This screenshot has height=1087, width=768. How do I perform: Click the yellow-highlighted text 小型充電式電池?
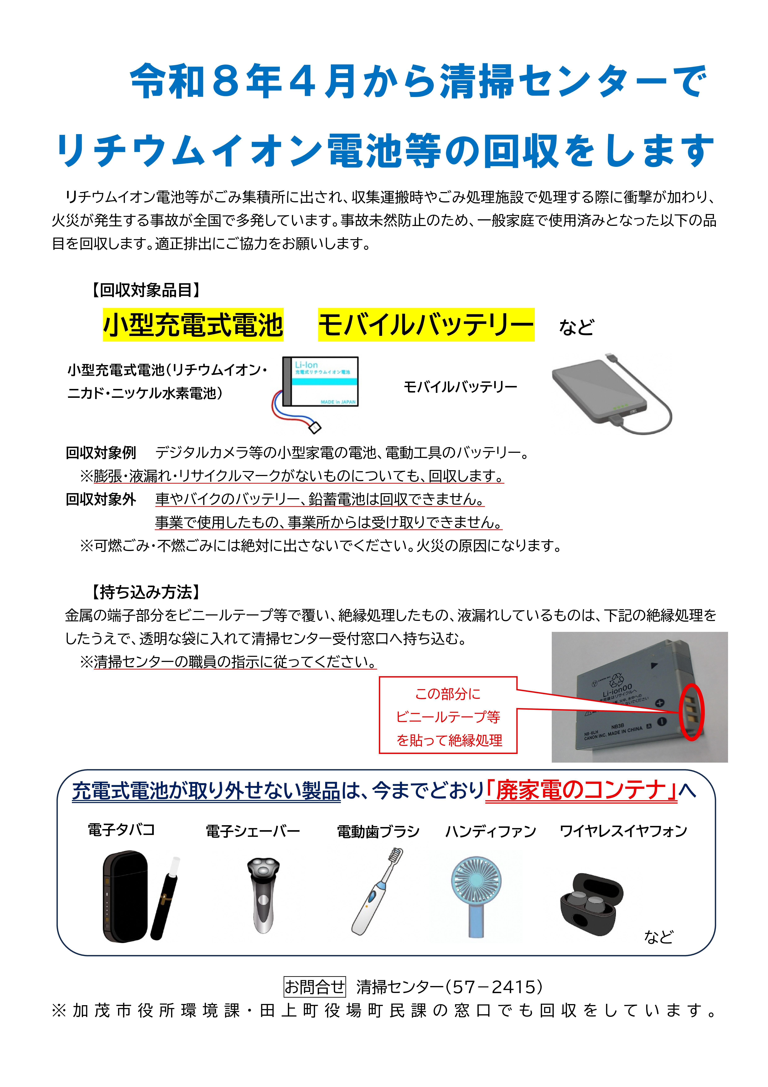click(193, 325)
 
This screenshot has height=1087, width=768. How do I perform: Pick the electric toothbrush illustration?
click(376, 892)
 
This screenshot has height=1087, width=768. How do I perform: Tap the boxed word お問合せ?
click(314, 987)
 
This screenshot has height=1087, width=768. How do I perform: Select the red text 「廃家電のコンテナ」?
click(581, 790)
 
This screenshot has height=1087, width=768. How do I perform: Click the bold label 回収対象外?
click(101, 499)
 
